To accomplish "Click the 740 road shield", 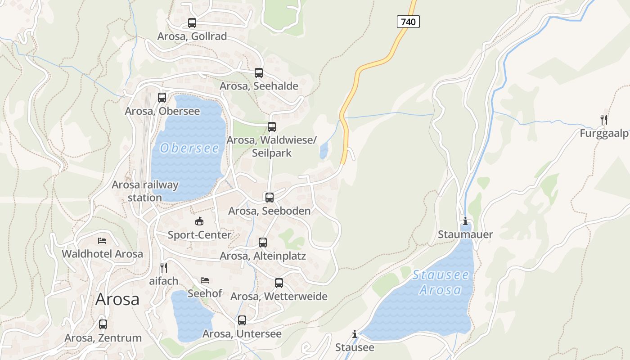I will point(408,21).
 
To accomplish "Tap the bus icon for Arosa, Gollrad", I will point(192,22).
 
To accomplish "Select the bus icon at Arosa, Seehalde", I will point(259,72).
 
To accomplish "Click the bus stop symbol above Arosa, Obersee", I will point(162,97).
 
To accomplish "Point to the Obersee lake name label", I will point(189,148).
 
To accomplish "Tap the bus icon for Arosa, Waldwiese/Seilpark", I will point(272,126).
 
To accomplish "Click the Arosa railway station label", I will point(145,191).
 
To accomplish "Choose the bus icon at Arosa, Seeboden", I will point(270,197).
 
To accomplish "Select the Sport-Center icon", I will point(199,221).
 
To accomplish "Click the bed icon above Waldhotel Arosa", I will point(102,240).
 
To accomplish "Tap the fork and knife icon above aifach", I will point(164,267).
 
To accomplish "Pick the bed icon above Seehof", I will point(205,280).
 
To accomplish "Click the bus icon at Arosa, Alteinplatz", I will point(263,243).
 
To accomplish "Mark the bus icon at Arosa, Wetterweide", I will point(279,283).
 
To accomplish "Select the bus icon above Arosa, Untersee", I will point(242,320).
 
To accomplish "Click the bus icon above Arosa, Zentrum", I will point(103,324).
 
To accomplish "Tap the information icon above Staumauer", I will point(465,221).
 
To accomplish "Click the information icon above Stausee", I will point(355,334).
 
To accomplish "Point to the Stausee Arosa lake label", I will point(441,282).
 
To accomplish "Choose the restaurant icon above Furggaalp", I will point(604,119).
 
